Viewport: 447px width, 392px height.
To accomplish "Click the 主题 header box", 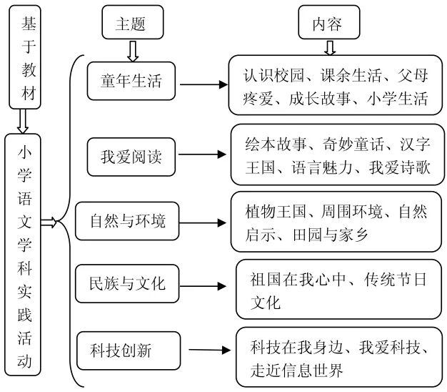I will coord(131,24).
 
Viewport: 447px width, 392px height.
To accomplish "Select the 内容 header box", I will coord(328,24).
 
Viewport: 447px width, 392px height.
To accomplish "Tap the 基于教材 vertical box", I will coord(28,59).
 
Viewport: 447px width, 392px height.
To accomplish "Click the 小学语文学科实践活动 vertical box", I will coord(25,255).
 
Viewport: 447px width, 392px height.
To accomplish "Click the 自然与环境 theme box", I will coord(126,221).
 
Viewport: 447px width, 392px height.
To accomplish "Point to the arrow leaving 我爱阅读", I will coord(201,155).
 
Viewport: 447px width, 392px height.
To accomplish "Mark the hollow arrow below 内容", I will coord(328,47).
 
